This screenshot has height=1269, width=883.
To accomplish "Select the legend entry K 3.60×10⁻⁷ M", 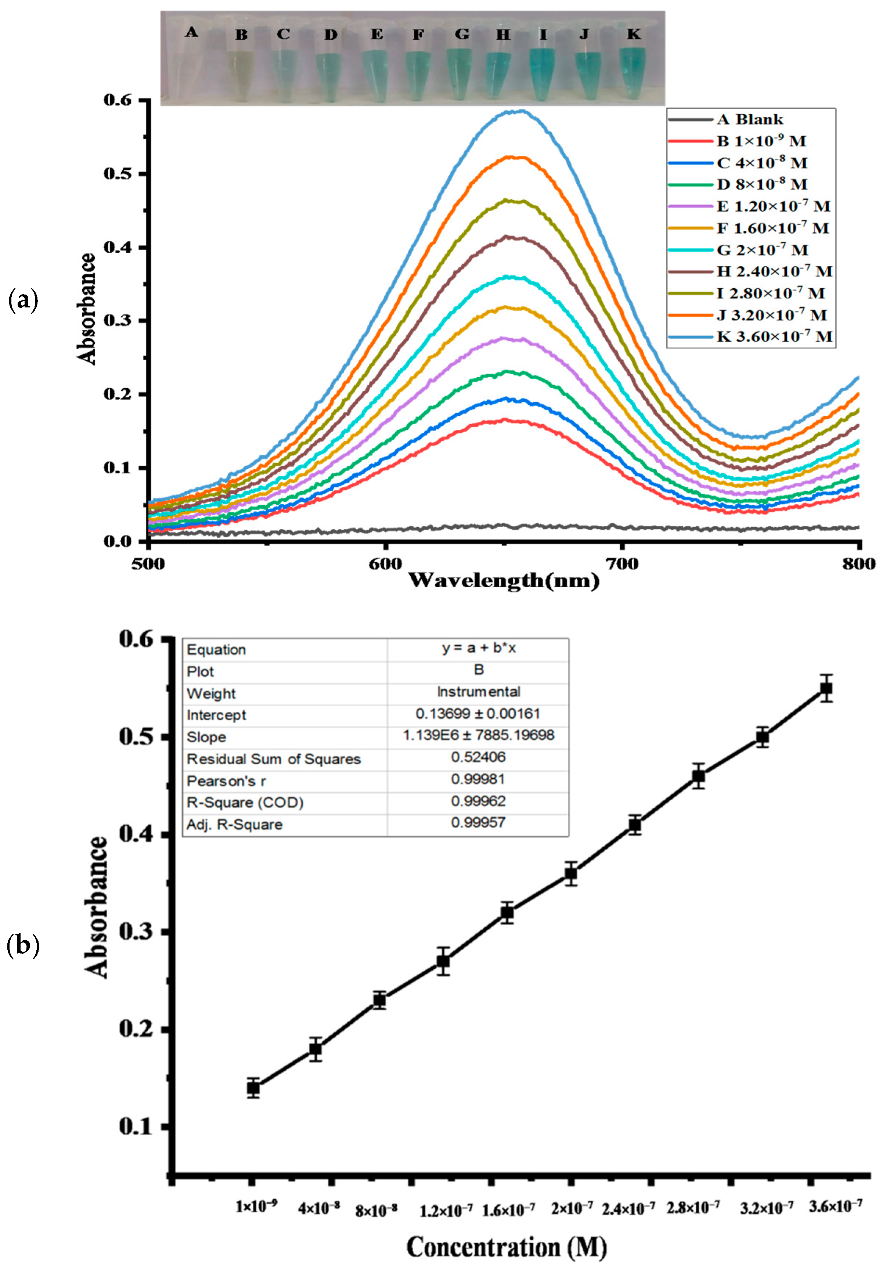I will (774, 336).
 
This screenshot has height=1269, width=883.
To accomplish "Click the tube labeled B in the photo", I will (241, 75).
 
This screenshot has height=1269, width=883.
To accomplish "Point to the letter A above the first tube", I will (191, 32).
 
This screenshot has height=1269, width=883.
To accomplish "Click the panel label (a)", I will (23, 301).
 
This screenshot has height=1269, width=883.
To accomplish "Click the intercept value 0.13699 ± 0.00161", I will (477, 714).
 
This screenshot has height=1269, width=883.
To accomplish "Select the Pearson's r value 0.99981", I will (478, 779).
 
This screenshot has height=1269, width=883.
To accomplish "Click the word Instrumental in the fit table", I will (478, 692).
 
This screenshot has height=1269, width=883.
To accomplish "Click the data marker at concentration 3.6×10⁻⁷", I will (826, 688).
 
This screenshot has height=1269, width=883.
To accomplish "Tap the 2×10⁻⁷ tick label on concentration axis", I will (572, 1208).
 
